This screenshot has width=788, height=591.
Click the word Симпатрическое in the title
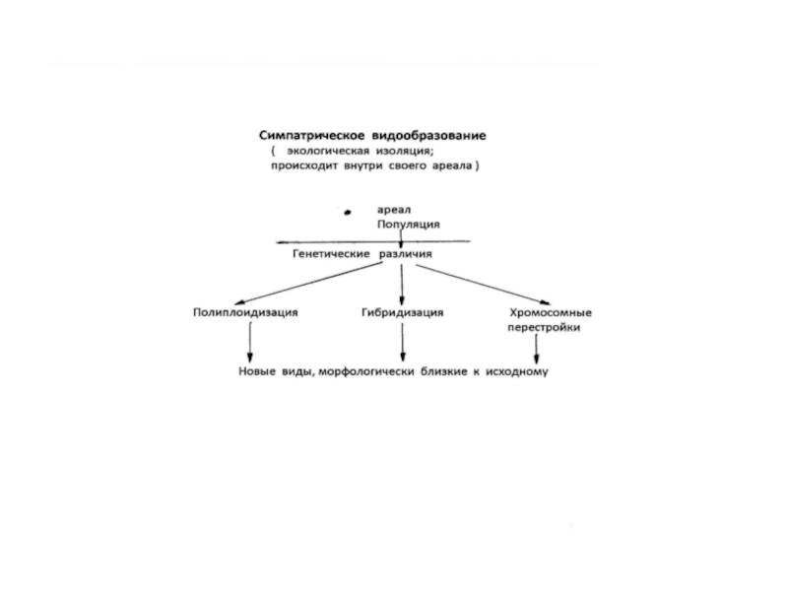pos(308,135)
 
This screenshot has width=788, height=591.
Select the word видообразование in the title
pos(429,135)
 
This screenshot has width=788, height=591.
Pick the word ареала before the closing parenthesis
pos(449,167)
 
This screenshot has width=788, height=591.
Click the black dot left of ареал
pos(348,211)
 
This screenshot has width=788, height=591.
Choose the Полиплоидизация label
pos(244,312)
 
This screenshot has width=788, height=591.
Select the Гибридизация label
pos(403,312)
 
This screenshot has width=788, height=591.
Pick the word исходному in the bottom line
pos(516,372)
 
